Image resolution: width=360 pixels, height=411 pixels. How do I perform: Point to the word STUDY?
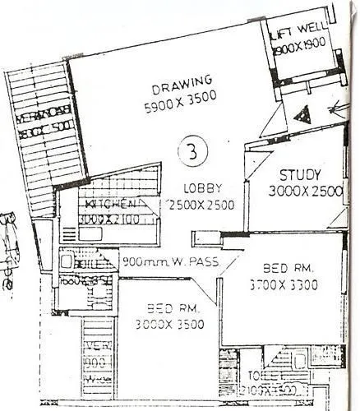point(300,175)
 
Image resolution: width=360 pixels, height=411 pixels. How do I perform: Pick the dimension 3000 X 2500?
point(304,191)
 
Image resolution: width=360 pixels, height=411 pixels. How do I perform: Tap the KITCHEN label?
point(106,203)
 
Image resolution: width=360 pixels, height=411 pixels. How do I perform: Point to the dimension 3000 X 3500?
point(168,324)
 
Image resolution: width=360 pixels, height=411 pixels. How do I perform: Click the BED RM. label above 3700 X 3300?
point(287,268)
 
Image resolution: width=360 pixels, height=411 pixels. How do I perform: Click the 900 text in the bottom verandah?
point(97,361)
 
